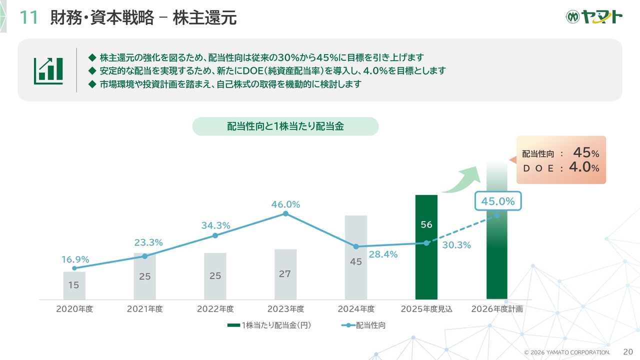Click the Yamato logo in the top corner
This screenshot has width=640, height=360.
[594, 17]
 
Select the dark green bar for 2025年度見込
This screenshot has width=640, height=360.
[426, 260]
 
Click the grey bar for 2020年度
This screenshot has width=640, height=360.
[74, 285]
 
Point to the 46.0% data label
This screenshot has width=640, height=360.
[285, 204]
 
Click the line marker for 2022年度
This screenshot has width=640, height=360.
[215, 235]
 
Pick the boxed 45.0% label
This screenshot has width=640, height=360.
[497, 201]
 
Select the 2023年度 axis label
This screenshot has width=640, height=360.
[285, 309]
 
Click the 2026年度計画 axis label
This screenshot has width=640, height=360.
[497, 309]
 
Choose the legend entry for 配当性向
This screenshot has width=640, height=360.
[363, 325]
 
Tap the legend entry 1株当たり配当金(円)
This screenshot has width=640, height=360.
[269, 325]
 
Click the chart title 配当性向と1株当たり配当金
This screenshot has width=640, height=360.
[285, 126]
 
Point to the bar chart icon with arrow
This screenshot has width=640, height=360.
[48, 70]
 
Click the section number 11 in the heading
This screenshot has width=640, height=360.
[28, 18]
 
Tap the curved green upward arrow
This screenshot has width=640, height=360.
[460, 179]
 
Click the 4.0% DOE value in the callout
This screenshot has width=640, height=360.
[583, 167]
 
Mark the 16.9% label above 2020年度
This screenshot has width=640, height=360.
[75, 259]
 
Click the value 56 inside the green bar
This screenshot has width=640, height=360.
[426, 225]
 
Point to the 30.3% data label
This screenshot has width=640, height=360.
[456, 245]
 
